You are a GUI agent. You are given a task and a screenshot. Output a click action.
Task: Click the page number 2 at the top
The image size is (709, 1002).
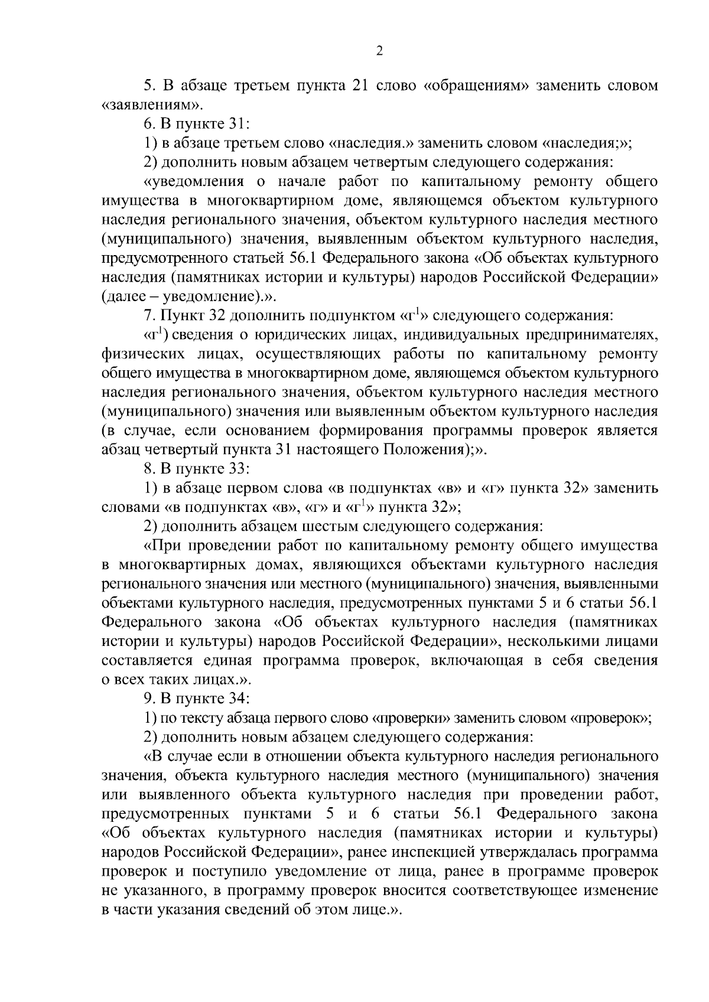tap(379, 51)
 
